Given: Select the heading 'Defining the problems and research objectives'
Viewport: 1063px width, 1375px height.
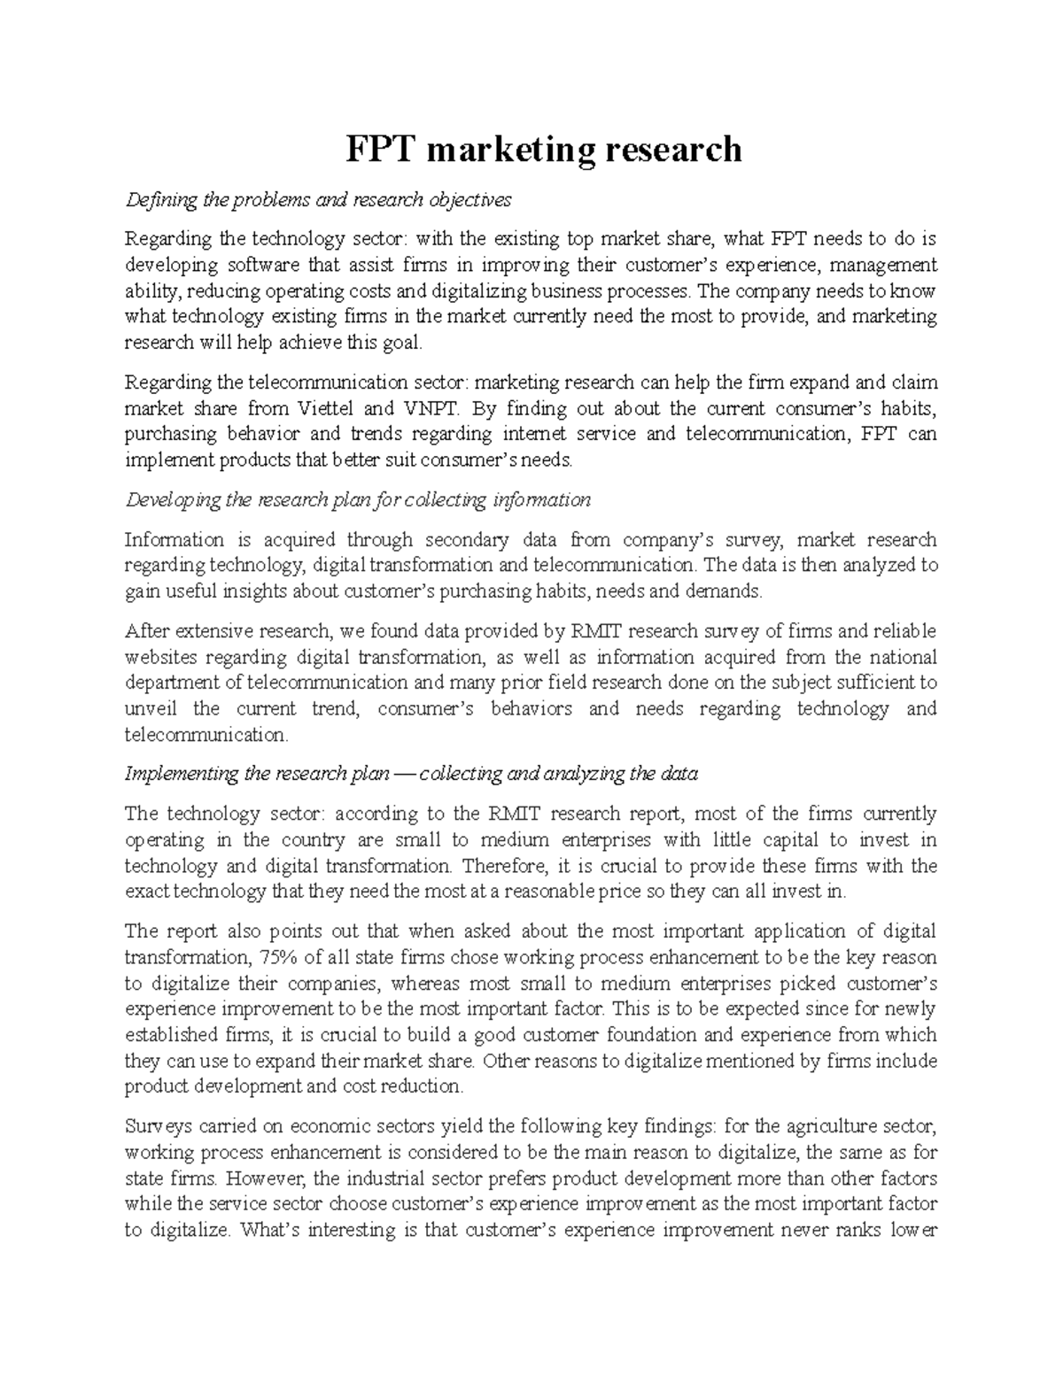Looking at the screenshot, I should [318, 200].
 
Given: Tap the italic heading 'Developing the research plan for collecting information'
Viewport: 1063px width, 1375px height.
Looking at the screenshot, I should [358, 500].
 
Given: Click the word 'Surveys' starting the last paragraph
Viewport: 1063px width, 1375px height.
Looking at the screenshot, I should [156, 1127].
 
